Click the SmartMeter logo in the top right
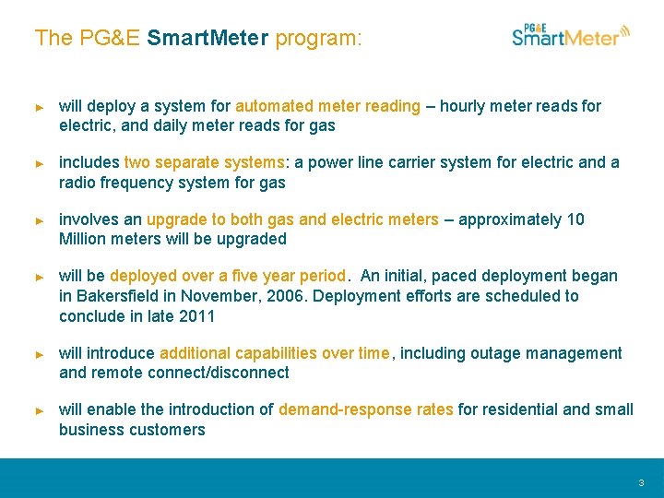tap(571, 35)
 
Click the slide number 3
tap(641, 482)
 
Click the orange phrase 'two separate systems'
tap(204, 162)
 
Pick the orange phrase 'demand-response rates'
tap(366, 409)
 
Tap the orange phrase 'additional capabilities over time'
tap(274, 353)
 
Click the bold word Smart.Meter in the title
tap(207, 38)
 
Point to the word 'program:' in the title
tap(319, 38)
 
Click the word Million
tap(82, 239)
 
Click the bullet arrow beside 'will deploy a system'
tap(40, 107)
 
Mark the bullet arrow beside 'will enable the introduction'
tap(40, 410)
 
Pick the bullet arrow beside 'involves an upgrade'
tap(40, 220)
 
